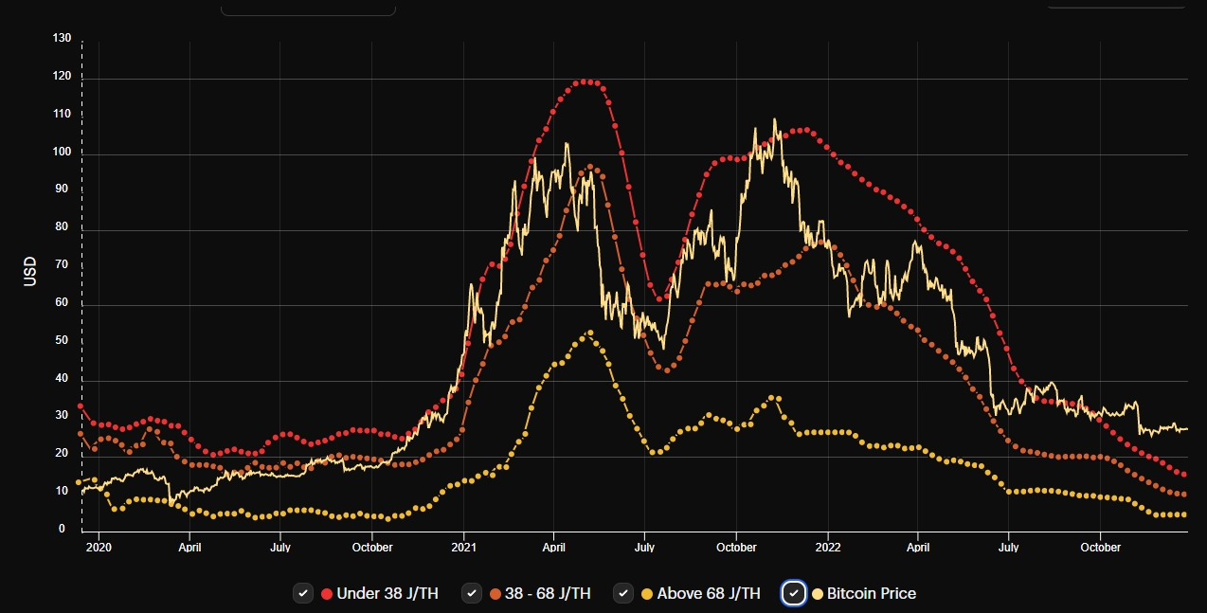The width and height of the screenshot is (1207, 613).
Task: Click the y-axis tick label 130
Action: (x=63, y=39)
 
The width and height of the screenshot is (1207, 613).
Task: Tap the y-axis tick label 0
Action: (x=63, y=529)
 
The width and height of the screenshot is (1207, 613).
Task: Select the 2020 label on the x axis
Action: (x=99, y=548)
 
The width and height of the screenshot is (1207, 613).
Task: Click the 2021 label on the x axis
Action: (x=463, y=548)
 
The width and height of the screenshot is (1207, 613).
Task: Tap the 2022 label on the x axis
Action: (x=827, y=548)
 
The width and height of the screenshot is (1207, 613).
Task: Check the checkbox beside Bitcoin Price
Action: (x=794, y=593)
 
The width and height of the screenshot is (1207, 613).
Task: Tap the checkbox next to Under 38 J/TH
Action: (x=303, y=593)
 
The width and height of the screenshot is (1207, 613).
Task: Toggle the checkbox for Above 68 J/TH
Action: (x=623, y=593)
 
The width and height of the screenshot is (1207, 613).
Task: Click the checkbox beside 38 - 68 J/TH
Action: (x=472, y=593)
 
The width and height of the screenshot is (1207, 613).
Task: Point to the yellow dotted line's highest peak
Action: (x=590, y=334)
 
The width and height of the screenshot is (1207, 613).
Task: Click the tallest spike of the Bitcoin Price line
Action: (x=774, y=119)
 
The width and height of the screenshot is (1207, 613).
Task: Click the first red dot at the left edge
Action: (x=81, y=406)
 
